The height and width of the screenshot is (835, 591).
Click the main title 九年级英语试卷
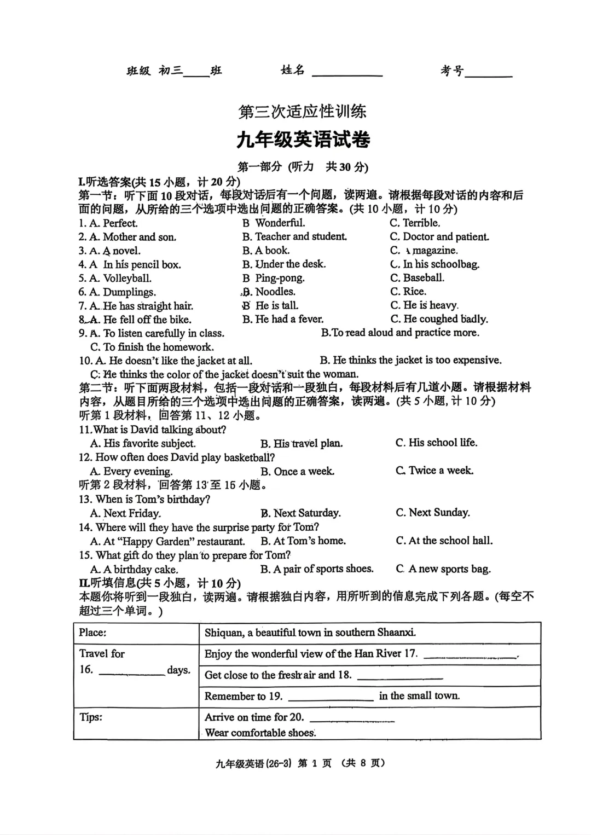click(x=303, y=140)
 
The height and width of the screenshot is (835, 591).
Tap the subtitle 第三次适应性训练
click(x=302, y=112)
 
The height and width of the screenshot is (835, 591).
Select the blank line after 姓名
click(x=347, y=73)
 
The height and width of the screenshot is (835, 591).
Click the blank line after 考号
click(x=488, y=74)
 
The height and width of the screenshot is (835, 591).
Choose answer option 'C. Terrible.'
click(x=415, y=223)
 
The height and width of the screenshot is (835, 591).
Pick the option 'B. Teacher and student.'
click(x=294, y=237)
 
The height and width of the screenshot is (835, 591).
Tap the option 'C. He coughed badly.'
click(x=439, y=319)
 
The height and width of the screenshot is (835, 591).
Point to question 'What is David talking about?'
click(x=153, y=430)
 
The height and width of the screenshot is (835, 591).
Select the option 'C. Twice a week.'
click(x=434, y=471)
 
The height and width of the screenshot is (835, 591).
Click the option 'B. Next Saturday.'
click(x=300, y=513)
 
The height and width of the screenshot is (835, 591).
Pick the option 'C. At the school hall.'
click(x=444, y=541)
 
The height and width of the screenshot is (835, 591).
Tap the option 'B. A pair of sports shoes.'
click(x=317, y=569)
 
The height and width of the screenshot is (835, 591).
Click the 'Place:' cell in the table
click(x=93, y=633)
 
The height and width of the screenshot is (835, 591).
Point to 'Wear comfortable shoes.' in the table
click(x=260, y=733)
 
